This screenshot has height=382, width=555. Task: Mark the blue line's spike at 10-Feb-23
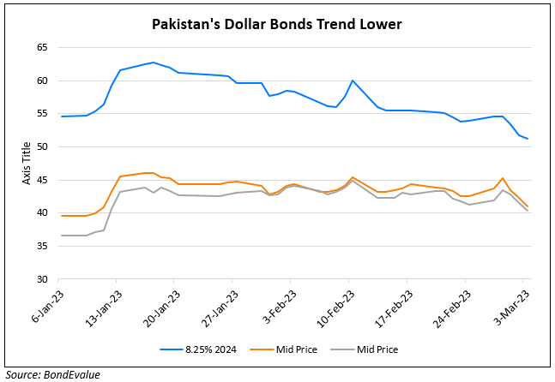[x=352, y=81]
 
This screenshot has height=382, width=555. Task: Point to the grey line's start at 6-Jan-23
[x=61, y=236]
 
